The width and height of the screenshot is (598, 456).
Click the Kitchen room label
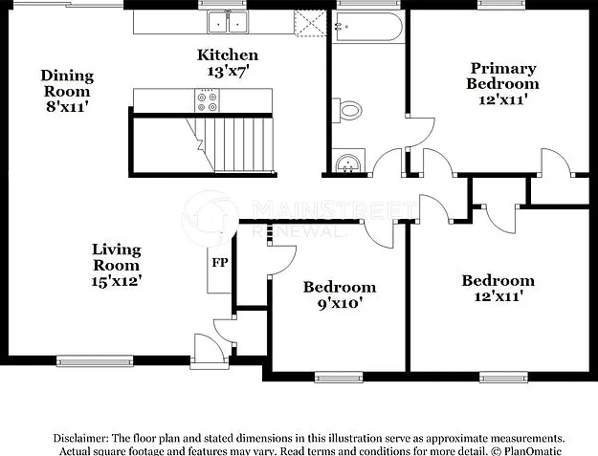(x=228, y=55)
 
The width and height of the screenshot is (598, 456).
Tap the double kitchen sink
(x=228, y=23)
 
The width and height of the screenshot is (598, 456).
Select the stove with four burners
(x=207, y=100)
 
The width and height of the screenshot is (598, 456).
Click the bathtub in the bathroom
(x=366, y=27)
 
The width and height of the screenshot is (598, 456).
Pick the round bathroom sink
(x=348, y=163)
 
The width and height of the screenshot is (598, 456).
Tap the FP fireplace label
(x=220, y=263)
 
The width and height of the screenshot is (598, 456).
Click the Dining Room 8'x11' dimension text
(x=67, y=107)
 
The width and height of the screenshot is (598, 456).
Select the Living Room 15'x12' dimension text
(x=117, y=281)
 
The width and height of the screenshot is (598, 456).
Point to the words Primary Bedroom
(x=502, y=76)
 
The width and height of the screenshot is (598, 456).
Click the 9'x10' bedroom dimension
(x=340, y=304)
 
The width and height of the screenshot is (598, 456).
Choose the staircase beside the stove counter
(x=231, y=144)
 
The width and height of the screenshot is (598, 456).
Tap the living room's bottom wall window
(x=95, y=361)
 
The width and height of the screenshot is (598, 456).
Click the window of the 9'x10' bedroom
(x=339, y=378)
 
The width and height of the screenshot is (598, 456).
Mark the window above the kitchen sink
(x=222, y=5)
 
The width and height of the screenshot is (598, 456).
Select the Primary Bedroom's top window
(x=501, y=5)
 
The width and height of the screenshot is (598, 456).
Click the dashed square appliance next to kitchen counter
(x=310, y=23)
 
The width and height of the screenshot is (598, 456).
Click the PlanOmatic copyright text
(x=525, y=451)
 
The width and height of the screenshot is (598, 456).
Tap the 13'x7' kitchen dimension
(x=228, y=72)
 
